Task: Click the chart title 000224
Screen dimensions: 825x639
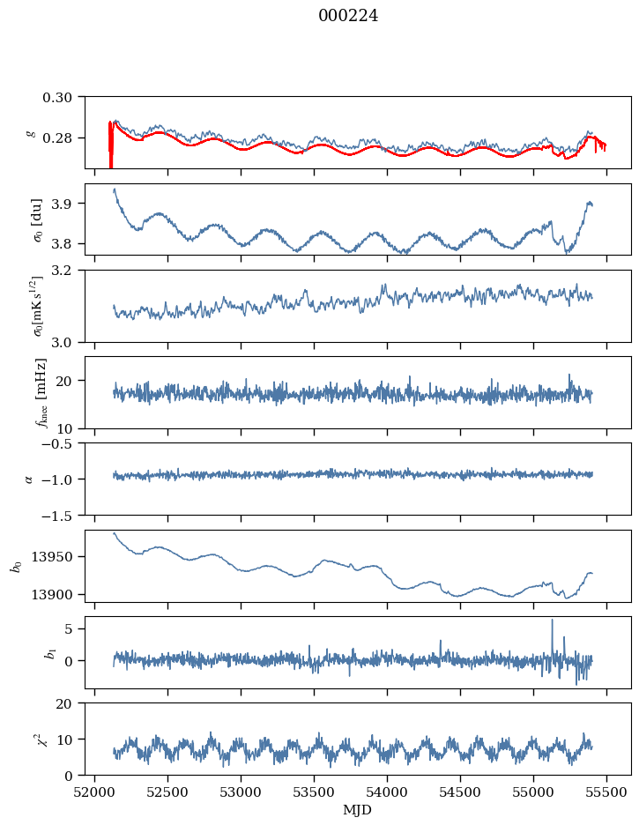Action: tap(348, 16)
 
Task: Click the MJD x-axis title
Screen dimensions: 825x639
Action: tap(357, 810)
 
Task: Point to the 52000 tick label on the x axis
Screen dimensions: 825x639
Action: tap(96, 791)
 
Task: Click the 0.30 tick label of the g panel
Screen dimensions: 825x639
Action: tap(63, 96)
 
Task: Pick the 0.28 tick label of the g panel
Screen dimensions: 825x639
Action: tap(63, 138)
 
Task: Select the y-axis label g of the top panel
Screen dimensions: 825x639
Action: tap(32, 132)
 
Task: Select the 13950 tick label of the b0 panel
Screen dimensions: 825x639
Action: tap(58, 557)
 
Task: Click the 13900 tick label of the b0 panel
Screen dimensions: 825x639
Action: tap(58, 594)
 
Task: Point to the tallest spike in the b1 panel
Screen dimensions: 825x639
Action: tap(553, 621)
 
